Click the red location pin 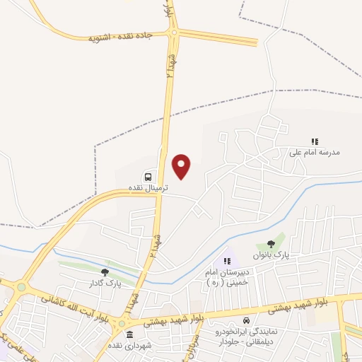click(x=182, y=166)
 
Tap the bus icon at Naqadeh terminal click(x=148, y=175)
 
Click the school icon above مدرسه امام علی click(x=315, y=141)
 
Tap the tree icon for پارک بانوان click(x=271, y=243)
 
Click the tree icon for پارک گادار click(x=105, y=272)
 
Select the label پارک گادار click(x=105, y=283)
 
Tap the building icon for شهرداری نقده click(x=129, y=334)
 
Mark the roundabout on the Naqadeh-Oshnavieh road click(x=175, y=32)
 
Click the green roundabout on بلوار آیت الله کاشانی click(x=21, y=287)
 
